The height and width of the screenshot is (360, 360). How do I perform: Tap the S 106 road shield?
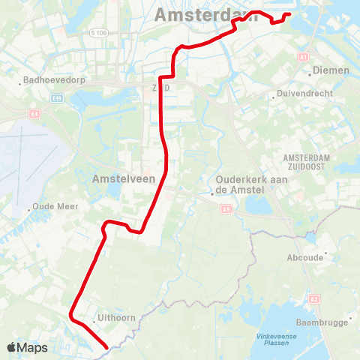click(x=97, y=32)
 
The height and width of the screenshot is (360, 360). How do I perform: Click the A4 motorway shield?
click(x=34, y=113)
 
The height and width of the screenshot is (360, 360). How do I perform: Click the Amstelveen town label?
click(x=123, y=179)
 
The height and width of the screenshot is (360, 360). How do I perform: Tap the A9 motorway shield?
click(x=226, y=210)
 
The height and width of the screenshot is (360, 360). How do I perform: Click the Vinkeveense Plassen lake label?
click(x=276, y=339)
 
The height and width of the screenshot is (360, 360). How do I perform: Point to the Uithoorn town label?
click(x=117, y=317)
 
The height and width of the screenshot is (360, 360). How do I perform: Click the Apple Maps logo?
click(x=27, y=347)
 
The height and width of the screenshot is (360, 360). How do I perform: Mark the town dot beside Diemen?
click(x=310, y=73)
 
